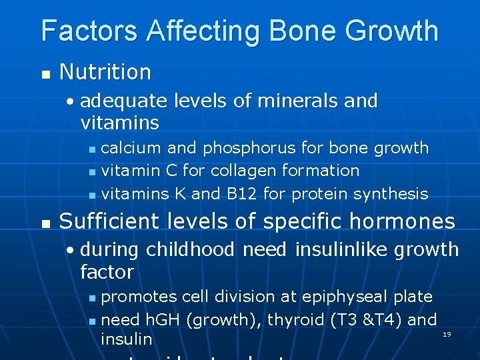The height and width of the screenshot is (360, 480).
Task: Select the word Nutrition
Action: (x=105, y=72)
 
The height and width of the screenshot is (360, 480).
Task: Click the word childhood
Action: (x=190, y=249)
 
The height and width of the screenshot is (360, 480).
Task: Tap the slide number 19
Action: (x=447, y=333)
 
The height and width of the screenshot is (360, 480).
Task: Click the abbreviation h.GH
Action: (x=160, y=319)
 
